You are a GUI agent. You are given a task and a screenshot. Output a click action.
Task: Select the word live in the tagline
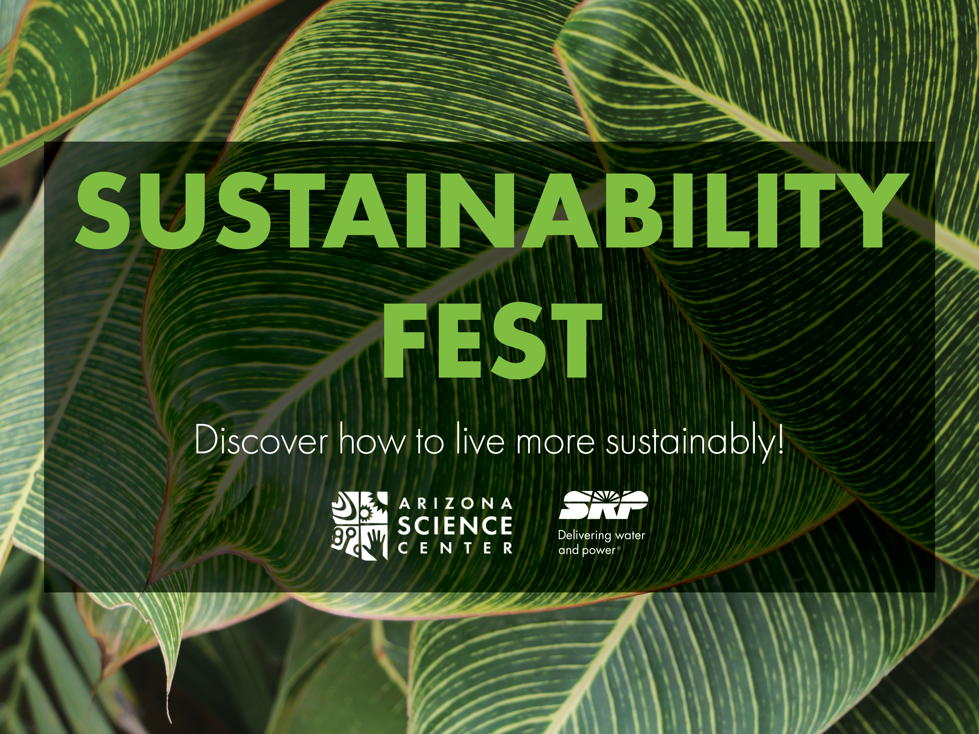(x=480, y=440)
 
